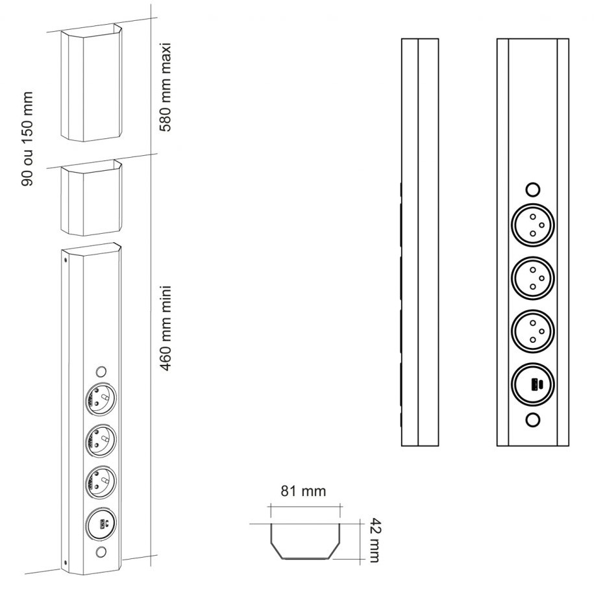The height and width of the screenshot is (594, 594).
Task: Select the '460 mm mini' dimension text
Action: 166,327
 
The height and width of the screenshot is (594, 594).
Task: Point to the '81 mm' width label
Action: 303,491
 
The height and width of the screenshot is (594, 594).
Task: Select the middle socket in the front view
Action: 532,277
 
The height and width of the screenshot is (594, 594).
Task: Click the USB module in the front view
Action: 532,384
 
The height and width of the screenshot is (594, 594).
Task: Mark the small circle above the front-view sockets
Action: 532,190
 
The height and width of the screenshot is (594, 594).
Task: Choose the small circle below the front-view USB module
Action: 532,420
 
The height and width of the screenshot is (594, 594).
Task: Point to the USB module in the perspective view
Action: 100,523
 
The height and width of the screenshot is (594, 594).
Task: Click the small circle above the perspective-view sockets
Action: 100,372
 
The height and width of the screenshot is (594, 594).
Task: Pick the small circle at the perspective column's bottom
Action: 100,553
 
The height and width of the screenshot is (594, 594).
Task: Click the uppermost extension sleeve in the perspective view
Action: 91,82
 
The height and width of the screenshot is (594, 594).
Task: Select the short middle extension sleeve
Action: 91,199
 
